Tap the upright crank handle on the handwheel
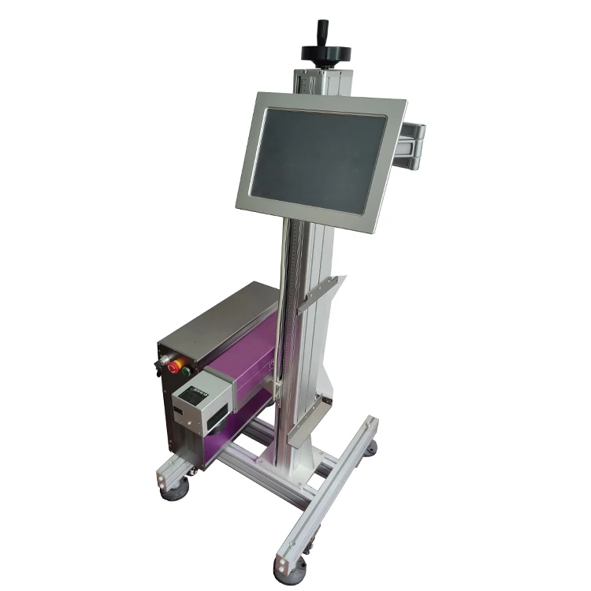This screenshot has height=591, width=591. pyautogui.click(x=322, y=31)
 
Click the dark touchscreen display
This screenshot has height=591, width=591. pyautogui.click(x=319, y=157)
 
